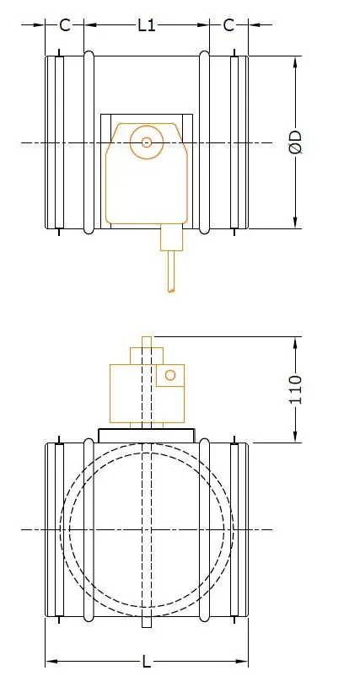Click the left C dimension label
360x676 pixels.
65,25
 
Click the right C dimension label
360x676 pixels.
228,25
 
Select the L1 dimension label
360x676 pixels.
147,25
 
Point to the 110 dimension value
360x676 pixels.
296,389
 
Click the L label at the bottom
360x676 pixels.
147,660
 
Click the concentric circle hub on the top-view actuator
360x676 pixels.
147,142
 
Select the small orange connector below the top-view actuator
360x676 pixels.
171,238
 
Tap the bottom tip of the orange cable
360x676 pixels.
171,291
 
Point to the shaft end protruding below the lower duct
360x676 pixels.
148,623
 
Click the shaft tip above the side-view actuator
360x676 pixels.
148,341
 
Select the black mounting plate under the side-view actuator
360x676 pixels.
148,434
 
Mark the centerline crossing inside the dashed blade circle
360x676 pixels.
148,529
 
